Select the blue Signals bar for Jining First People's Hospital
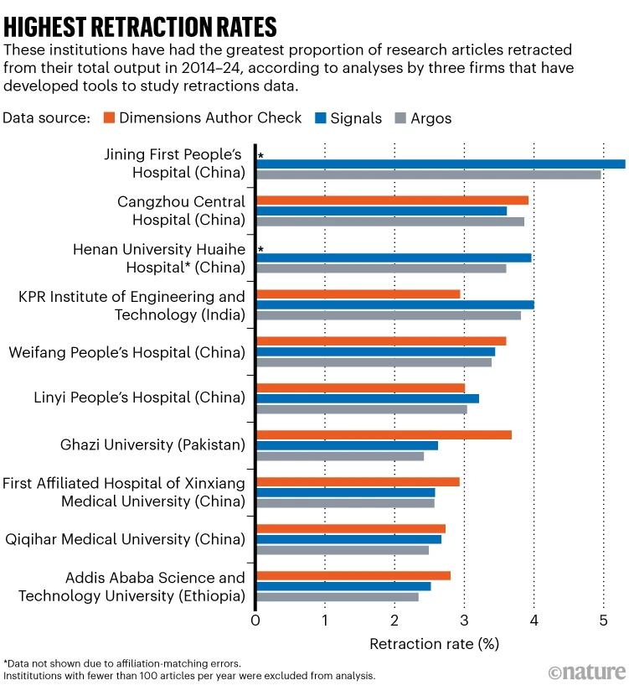(441, 164)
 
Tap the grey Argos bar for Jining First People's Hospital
(428, 174)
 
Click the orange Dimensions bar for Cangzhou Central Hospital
(392, 200)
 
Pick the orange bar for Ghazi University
(384, 434)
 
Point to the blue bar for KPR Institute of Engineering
(394, 304)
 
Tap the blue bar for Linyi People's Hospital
(368, 398)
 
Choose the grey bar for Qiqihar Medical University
(343, 550)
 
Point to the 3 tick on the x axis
(464, 621)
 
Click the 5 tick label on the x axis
(603, 621)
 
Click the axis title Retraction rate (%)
(434, 644)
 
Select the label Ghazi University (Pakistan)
(152, 444)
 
